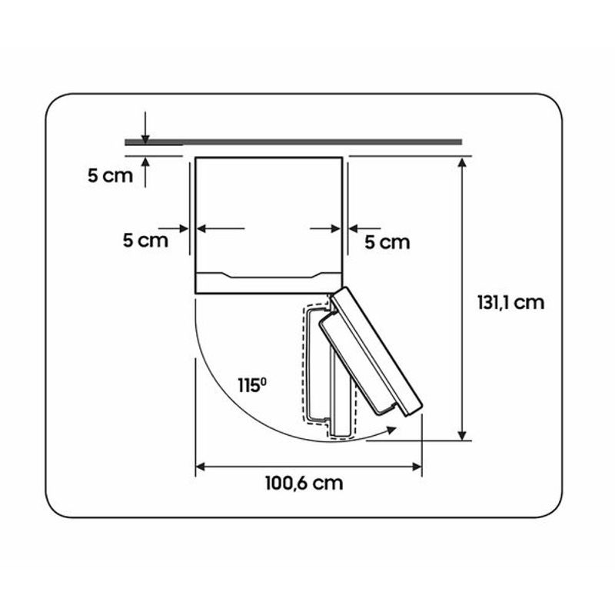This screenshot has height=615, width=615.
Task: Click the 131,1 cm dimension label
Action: tap(510, 303)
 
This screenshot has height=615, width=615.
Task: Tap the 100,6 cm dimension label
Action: tap(304, 484)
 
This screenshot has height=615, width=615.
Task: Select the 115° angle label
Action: tap(252, 385)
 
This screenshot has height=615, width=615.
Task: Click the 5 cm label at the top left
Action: tap(110, 175)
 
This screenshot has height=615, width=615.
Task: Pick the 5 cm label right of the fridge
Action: tap(387, 242)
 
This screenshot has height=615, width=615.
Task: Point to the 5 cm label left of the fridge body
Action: tap(145, 240)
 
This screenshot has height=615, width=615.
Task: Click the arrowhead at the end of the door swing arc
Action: tap(391, 430)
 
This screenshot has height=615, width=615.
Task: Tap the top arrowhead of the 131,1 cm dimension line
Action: tap(462, 162)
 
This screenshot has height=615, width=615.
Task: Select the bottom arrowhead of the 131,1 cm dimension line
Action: tap(462, 435)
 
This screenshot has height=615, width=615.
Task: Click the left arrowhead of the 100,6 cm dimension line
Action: tap(201, 467)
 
